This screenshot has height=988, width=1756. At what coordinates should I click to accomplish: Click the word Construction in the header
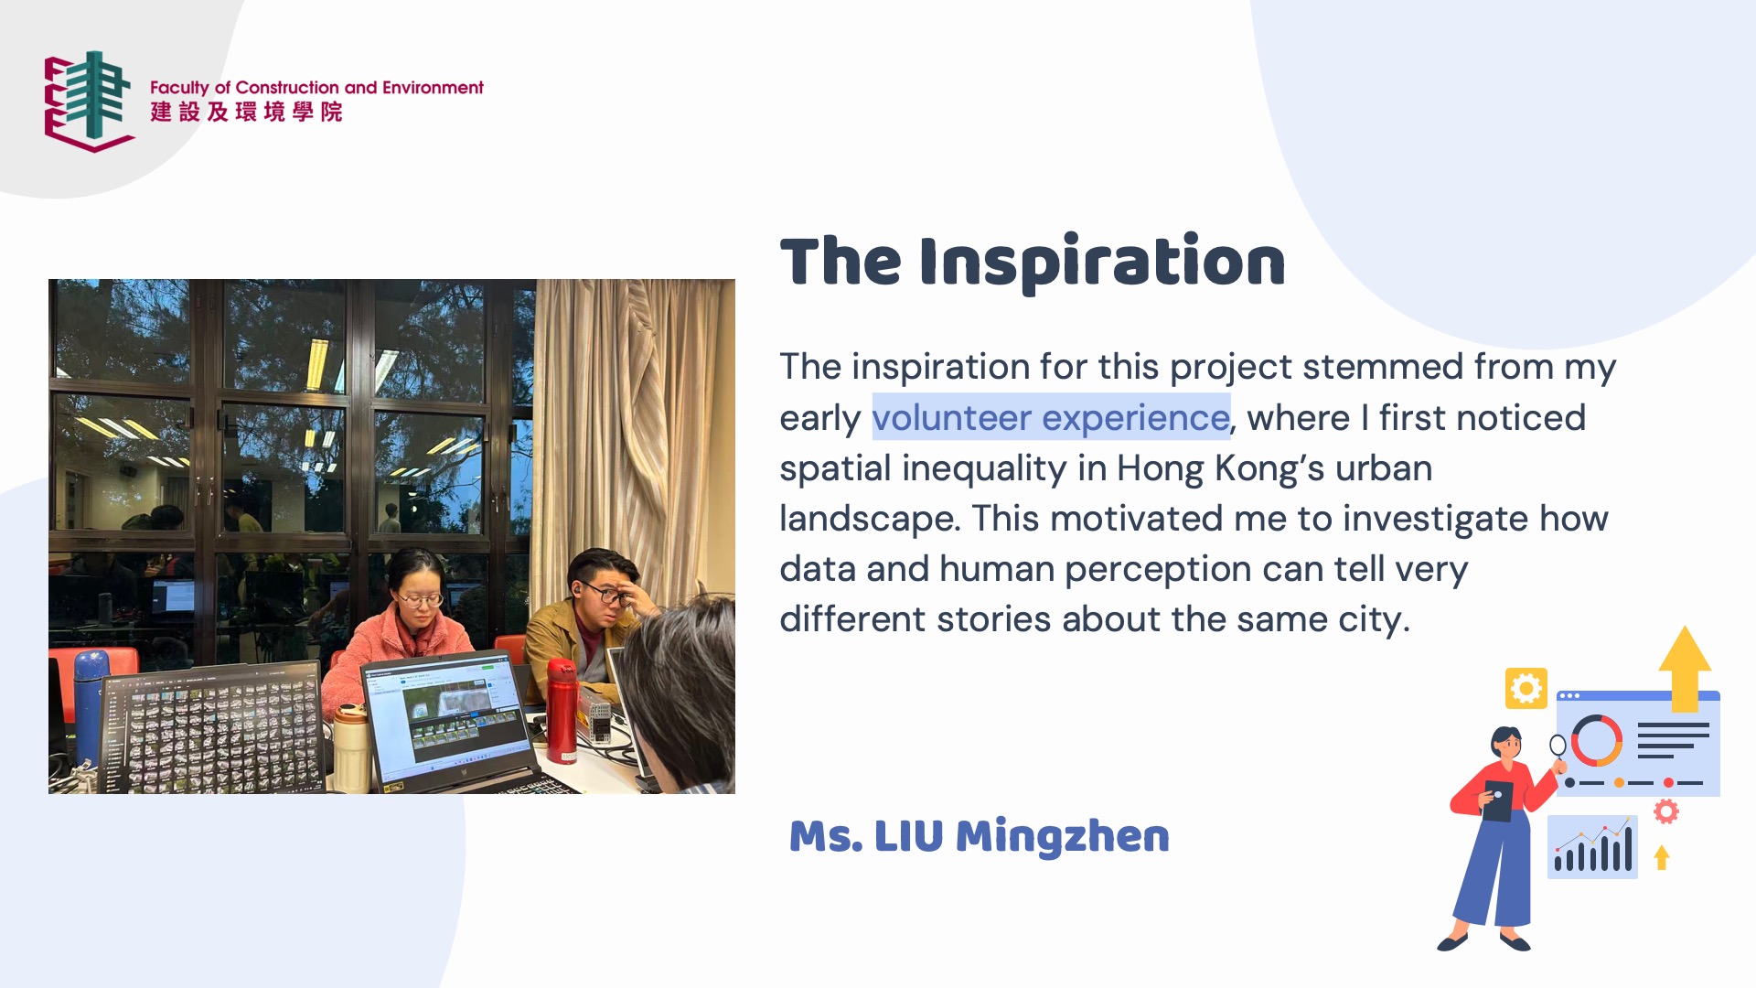[x=287, y=88]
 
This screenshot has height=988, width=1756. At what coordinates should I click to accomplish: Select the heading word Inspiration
[x=1102, y=263]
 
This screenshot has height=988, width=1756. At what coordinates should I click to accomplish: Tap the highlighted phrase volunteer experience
[x=1051, y=417]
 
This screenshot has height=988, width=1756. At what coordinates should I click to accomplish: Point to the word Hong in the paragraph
[x=1161, y=469]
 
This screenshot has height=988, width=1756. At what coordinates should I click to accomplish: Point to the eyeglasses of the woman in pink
[x=421, y=600]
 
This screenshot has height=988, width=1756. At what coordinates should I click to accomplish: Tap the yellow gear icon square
[x=1526, y=688]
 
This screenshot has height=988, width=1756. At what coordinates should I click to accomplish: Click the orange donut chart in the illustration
[x=1597, y=740]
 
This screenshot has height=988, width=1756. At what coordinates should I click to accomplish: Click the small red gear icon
[x=1666, y=811]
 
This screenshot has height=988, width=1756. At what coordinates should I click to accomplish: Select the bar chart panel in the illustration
[x=1592, y=847]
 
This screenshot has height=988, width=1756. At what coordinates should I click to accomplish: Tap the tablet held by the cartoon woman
[x=1497, y=800]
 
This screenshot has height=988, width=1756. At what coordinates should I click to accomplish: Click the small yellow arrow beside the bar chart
[x=1662, y=857]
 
